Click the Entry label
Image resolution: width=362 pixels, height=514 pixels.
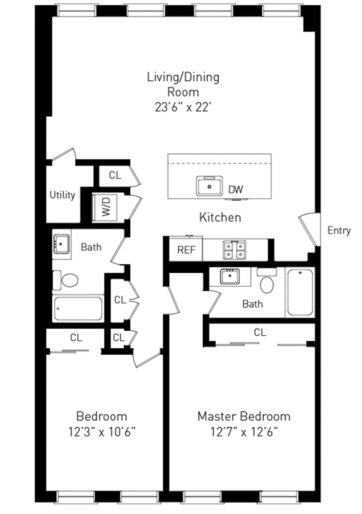[x=339, y=231]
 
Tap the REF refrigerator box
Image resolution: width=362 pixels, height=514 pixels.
[x=186, y=250]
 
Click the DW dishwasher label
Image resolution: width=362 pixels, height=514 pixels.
[x=235, y=190]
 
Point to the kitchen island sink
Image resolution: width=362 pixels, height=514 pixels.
[x=210, y=186]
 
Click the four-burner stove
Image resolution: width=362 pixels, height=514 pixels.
[x=235, y=250]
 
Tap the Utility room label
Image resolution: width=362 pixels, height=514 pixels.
[x=62, y=195]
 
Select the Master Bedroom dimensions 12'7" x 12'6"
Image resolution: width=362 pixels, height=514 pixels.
[x=243, y=431]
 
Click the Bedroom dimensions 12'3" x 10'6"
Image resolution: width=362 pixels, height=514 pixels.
[x=102, y=431]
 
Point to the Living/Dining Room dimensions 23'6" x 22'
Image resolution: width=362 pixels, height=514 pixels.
[x=183, y=107]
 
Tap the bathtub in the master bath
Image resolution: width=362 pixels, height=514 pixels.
[x=300, y=292]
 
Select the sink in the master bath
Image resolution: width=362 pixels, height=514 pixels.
[x=230, y=276]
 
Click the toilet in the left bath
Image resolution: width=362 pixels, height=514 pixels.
[x=67, y=280]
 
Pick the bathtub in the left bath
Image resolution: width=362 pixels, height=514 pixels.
[x=78, y=309]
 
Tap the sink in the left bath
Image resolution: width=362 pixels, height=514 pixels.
[x=61, y=244]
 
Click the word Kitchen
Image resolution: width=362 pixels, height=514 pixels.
[x=220, y=218]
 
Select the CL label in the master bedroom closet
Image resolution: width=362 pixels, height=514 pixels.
[x=260, y=333]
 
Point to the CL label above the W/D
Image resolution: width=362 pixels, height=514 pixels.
[x=115, y=176]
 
